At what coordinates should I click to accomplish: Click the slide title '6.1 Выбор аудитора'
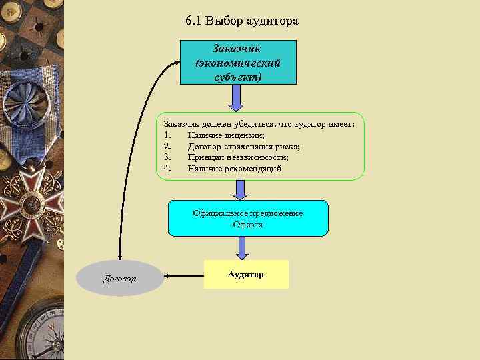pyautogui.click(x=242, y=21)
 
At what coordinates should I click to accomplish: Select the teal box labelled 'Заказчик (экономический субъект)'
pyautogui.click(x=238, y=63)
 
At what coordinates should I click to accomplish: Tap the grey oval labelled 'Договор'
pyautogui.click(x=120, y=278)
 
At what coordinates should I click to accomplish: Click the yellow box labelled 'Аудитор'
pyautogui.click(x=246, y=275)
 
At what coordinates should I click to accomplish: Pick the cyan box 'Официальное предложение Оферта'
pyautogui.click(x=248, y=219)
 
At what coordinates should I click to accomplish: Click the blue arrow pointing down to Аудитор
pyautogui.click(x=242, y=248)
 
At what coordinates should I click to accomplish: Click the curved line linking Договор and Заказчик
pyautogui.click(x=137, y=133)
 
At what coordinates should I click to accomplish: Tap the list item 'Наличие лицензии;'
pyautogui.click(x=226, y=135)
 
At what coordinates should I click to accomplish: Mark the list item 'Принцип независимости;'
pyautogui.click(x=238, y=157)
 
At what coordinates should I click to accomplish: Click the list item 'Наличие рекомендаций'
pyautogui.click(x=235, y=169)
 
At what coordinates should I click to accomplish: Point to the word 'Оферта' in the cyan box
pyautogui.click(x=248, y=225)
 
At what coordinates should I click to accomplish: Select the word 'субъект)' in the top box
pyautogui.click(x=239, y=77)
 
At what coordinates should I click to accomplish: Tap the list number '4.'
pyautogui.click(x=168, y=169)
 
